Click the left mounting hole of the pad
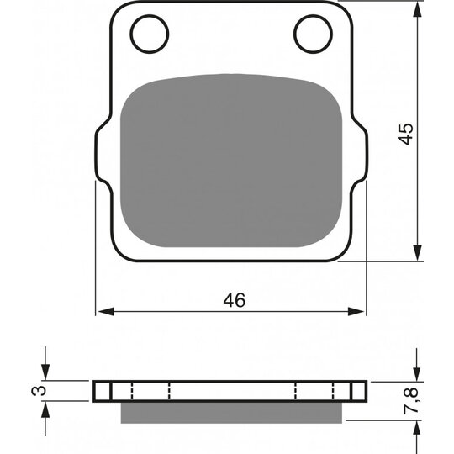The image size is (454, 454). [150, 33]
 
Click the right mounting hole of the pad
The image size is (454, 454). [312, 33]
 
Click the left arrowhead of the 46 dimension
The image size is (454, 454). [103, 312]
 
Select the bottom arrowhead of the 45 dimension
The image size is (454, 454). [417, 255]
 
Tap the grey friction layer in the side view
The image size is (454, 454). [231, 411]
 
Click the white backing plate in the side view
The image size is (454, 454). [231, 391]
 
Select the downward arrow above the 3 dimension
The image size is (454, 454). [46, 372]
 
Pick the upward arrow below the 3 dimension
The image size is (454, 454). [46, 409]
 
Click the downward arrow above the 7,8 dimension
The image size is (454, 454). [417, 372]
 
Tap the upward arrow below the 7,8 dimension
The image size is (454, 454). [417, 430]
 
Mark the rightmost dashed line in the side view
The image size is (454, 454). [334, 391]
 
